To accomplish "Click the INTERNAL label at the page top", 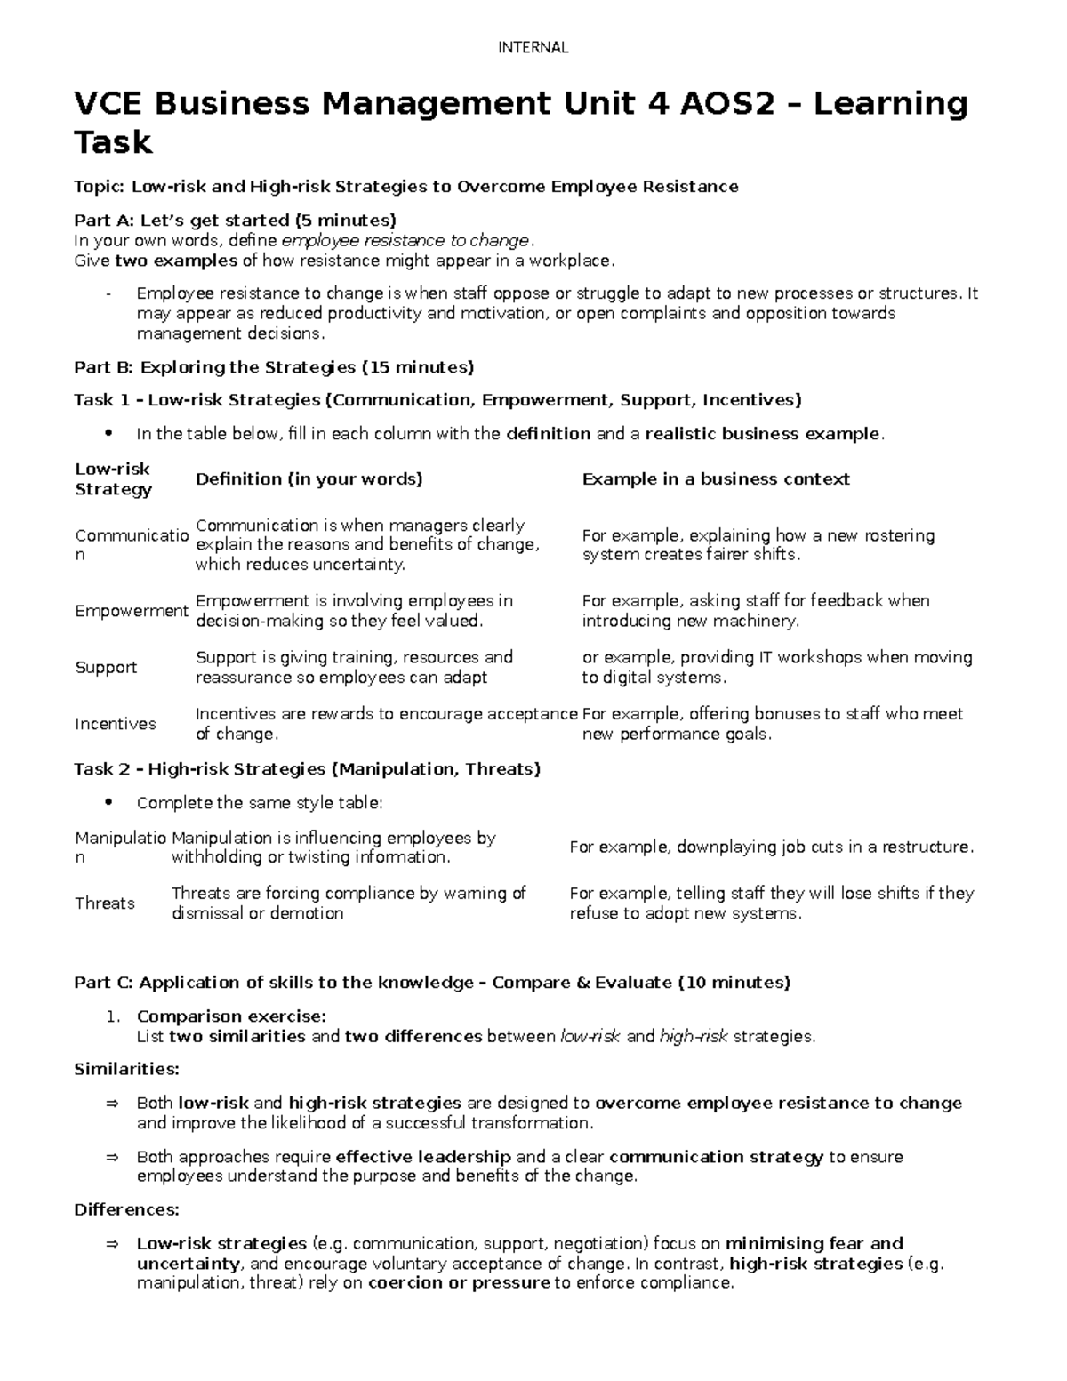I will click(533, 48).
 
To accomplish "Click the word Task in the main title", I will click(113, 142).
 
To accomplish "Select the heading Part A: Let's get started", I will click(235, 220).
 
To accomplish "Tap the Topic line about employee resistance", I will click(405, 187).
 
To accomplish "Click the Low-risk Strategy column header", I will click(113, 478).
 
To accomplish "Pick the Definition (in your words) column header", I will click(309, 479).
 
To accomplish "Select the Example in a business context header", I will click(715, 479).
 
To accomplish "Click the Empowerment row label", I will click(131, 611).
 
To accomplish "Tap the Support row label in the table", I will click(106, 668).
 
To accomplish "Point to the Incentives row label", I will click(116, 724).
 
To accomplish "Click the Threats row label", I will click(105, 903).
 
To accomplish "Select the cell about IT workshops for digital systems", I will click(776, 667).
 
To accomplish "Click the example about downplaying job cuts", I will click(771, 847).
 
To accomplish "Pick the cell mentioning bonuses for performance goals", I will click(772, 724).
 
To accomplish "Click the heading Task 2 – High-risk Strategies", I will click(307, 769).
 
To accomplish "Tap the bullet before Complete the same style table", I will click(109, 802).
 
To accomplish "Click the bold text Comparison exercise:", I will click(231, 1016).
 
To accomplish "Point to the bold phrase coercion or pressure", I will click(459, 1283).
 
